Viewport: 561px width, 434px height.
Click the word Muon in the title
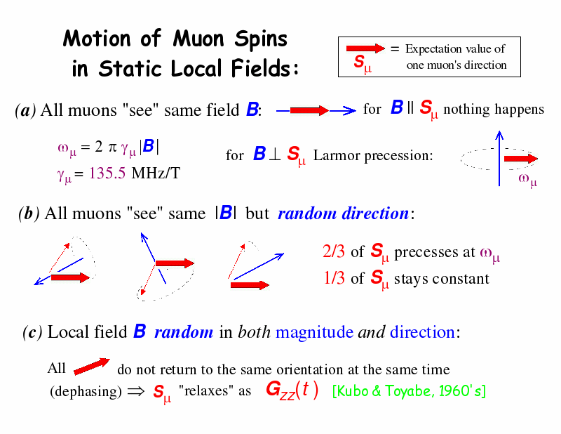pyautogui.click(x=198, y=38)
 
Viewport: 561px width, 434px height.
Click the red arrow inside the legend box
pyautogui.click(x=365, y=48)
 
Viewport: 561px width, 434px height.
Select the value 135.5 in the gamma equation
pyautogui.click(x=107, y=173)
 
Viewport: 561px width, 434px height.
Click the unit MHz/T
pyautogui.click(x=156, y=173)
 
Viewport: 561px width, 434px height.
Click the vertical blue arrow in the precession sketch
pyautogui.click(x=499, y=159)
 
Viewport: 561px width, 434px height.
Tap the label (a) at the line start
pyautogui.click(x=25, y=110)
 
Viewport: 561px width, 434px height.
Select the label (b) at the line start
pyautogui.click(x=29, y=213)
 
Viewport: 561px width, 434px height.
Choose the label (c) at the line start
pyautogui.click(x=32, y=332)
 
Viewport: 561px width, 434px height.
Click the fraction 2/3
pyautogui.click(x=334, y=251)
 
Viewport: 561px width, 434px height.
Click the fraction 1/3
pyautogui.click(x=334, y=278)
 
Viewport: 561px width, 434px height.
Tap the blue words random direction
pyautogui.click(x=343, y=213)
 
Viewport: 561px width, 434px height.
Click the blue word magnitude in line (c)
pyautogui.click(x=314, y=332)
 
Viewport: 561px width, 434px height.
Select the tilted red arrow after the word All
pyautogui.click(x=92, y=367)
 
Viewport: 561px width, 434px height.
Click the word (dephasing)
pyautogui.click(x=86, y=391)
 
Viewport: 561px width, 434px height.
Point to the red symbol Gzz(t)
pyautogui.click(x=292, y=390)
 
